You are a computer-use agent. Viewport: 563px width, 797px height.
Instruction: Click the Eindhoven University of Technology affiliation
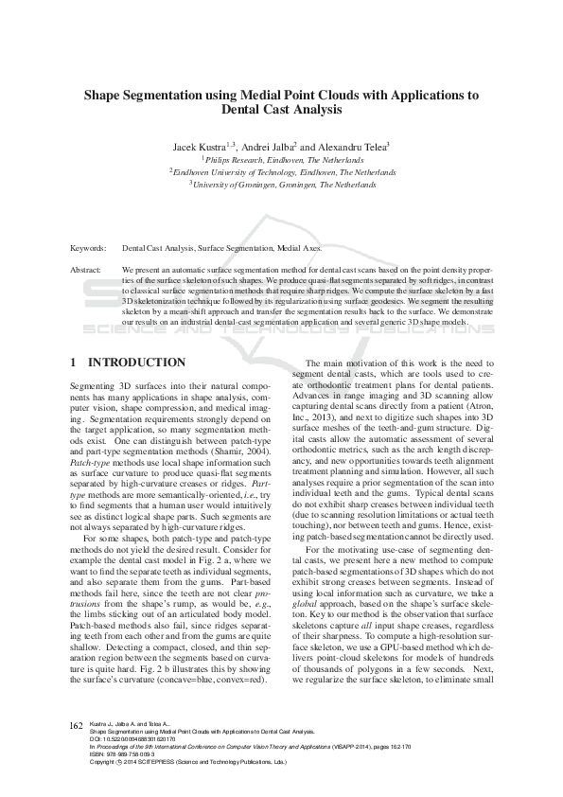coord(281,173)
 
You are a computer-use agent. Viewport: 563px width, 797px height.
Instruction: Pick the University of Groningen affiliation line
coord(281,186)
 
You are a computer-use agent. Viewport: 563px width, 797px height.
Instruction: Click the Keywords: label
coord(88,248)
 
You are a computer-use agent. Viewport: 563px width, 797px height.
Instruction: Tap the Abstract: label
coord(87,270)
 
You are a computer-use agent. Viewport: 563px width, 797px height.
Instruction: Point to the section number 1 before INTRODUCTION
coord(75,363)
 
